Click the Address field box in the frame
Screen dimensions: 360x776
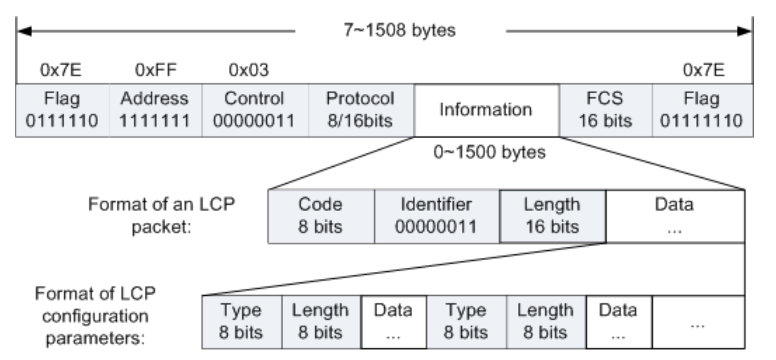(155, 110)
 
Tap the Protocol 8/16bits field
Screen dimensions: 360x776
(361, 110)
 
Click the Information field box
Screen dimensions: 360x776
(486, 110)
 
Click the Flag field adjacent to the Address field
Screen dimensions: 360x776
(62, 110)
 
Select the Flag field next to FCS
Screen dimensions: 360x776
(703, 110)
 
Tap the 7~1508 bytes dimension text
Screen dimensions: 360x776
(398, 31)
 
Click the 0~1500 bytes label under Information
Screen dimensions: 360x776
(487, 152)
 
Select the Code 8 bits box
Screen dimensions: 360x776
(320, 216)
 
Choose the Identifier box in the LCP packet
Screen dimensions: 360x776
(436, 216)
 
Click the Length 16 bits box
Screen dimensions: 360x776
(552, 216)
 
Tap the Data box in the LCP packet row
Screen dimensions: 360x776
(674, 216)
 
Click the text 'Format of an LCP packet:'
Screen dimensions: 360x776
(162, 216)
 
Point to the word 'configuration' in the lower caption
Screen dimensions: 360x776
(95, 316)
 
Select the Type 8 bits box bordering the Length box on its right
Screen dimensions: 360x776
(241, 321)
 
